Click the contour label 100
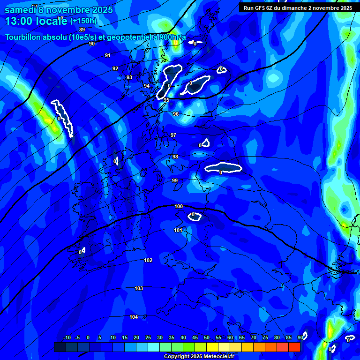pyautogui.click(x=179, y=206)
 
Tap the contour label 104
pyautogui.click(x=134, y=317)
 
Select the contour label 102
pyautogui.click(x=148, y=260)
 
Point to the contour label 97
pyautogui.click(x=173, y=135)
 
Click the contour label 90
pyautogui.click(x=92, y=44)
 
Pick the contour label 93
pyautogui.click(x=129, y=77)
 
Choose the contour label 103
pyautogui.click(x=139, y=288)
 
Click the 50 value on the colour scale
pyautogui.click(x=207, y=337)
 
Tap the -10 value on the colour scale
pyautogui.click(x=67, y=337)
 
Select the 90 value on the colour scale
pyautogui.click(x=300, y=337)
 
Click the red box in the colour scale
pyautogui.click(x=294, y=347)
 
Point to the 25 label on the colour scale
pyautogui.click(x=148, y=337)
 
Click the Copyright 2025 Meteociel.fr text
pyautogui.click(x=198, y=357)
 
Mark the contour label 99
pyautogui.click(x=175, y=180)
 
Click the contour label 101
pyautogui.click(x=178, y=230)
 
